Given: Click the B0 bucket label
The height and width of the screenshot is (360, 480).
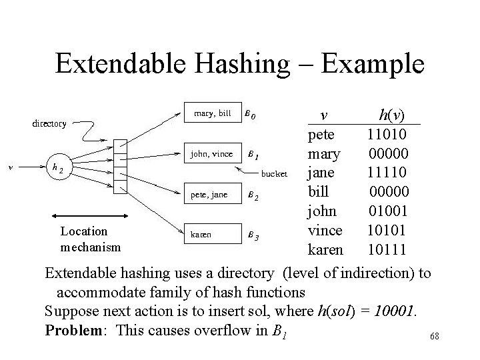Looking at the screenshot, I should click(x=249, y=115).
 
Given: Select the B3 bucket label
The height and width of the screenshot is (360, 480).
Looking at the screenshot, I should click(x=251, y=236).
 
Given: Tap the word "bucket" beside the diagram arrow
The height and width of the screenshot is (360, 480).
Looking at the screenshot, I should click(x=274, y=174).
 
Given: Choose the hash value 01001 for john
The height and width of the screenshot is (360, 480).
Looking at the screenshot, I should click(x=390, y=211).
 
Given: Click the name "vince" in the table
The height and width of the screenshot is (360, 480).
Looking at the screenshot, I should click(x=325, y=231).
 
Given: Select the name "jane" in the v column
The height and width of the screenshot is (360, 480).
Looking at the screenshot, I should click(x=321, y=173).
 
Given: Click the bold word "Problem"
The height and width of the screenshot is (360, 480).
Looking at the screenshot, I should click(x=73, y=329).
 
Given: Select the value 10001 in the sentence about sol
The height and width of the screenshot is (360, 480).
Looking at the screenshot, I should click(x=393, y=311).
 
